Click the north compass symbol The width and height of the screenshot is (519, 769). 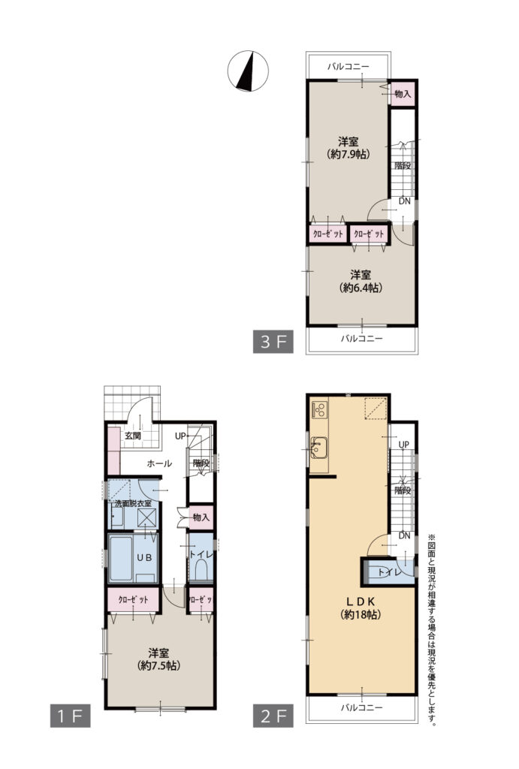click(x=248, y=71)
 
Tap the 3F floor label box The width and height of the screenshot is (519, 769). click(x=273, y=342)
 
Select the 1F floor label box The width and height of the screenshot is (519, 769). click(x=70, y=716)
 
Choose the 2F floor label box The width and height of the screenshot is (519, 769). click(x=273, y=716)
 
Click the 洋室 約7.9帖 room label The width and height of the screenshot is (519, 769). click(x=349, y=148)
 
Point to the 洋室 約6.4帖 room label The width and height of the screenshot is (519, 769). click(x=361, y=282)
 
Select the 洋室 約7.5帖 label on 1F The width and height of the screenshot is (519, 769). click(x=159, y=659)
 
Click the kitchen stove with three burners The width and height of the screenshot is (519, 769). click(x=319, y=409)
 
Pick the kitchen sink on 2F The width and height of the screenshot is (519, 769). click(x=319, y=447)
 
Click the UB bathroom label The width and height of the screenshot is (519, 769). click(x=144, y=558)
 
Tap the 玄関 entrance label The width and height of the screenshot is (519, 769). click(x=132, y=436)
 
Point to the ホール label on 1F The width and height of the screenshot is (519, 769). click(x=159, y=463)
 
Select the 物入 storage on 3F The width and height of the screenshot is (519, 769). click(x=403, y=94)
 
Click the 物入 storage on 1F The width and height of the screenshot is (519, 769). click(x=201, y=517)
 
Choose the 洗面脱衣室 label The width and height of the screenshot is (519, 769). click(x=133, y=504)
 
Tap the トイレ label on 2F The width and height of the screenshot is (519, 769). click(x=390, y=571)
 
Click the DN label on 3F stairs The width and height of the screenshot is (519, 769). click(x=405, y=201)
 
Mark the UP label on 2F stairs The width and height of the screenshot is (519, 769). click(x=404, y=445)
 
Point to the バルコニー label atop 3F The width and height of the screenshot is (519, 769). click(x=349, y=67)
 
